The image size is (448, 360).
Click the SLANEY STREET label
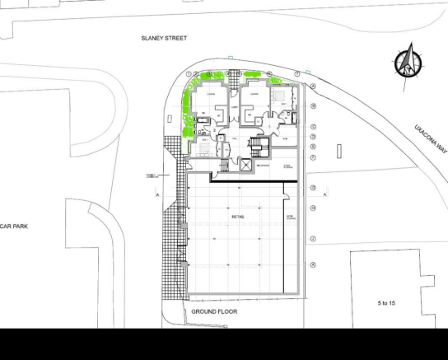165,39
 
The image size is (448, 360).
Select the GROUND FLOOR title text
214,312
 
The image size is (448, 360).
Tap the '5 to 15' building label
385,303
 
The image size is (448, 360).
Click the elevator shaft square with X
245,166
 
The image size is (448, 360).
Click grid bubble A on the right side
313,86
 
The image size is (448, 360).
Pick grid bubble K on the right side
313,264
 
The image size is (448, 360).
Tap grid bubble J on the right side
313,239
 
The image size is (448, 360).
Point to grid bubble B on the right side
313,106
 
